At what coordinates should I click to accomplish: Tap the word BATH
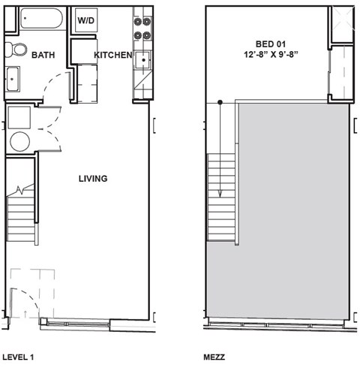(x=42, y=55)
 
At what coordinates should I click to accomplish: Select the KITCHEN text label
(x=112, y=55)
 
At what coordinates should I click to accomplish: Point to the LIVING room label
(x=94, y=179)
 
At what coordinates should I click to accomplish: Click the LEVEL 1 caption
(x=19, y=357)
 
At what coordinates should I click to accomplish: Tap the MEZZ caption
(x=214, y=357)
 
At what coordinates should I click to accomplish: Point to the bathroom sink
(x=13, y=78)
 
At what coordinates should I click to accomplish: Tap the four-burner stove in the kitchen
(x=142, y=27)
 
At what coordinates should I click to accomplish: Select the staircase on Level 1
(x=20, y=214)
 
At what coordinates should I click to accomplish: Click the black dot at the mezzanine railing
(x=220, y=103)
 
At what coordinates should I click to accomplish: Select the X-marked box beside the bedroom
(x=341, y=23)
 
